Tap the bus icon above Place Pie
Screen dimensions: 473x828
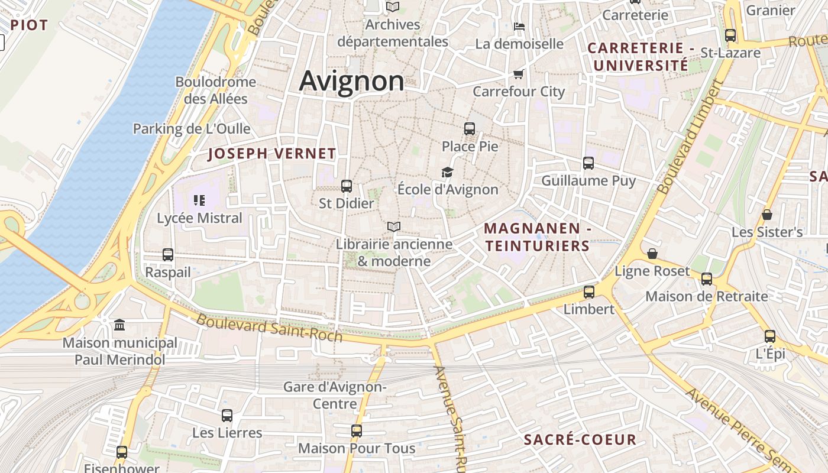click(470, 128)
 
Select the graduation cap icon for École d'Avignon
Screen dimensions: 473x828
click(448, 172)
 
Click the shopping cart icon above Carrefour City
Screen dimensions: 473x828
click(519, 74)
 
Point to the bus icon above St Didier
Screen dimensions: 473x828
click(347, 186)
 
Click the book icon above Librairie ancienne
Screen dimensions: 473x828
click(394, 226)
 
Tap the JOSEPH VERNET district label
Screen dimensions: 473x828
click(272, 154)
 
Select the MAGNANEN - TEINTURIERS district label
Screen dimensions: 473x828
click(538, 237)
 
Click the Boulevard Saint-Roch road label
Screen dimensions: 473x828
click(269, 328)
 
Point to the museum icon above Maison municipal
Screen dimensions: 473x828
click(119, 325)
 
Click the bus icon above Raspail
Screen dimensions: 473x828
click(168, 255)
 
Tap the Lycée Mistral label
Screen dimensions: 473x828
click(199, 218)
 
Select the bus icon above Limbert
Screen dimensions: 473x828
click(589, 291)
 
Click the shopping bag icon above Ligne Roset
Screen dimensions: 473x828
click(652, 254)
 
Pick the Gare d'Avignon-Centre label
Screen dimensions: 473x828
click(334, 396)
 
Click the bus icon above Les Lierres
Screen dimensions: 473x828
click(227, 415)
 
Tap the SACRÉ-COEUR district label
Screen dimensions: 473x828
click(580, 439)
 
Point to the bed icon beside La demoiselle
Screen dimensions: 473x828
click(519, 27)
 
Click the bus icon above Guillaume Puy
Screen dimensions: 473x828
click(588, 163)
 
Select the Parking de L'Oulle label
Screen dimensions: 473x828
click(191, 128)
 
